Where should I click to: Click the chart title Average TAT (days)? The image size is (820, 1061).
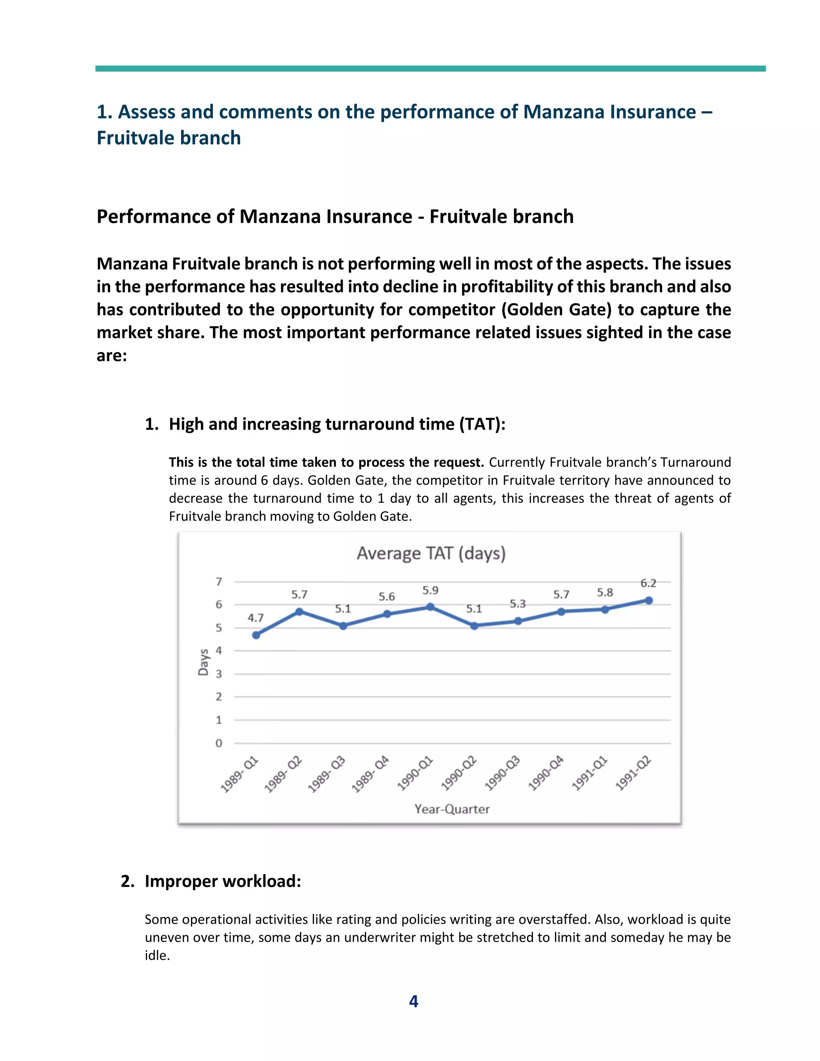(431, 553)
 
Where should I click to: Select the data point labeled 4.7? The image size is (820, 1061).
(256, 635)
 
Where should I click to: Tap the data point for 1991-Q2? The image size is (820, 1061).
(649, 601)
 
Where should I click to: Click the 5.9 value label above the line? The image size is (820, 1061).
(430, 590)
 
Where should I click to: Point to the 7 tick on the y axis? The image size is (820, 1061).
(219, 581)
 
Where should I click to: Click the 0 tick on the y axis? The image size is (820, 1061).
(219, 743)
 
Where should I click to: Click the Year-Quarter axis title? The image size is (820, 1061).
(452, 809)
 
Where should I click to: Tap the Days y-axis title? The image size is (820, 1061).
(203, 662)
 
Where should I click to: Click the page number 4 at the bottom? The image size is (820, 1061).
(413, 1001)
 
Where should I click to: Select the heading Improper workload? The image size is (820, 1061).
(223, 881)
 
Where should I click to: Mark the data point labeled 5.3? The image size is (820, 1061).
(518, 621)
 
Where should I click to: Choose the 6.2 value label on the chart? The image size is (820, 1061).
(648, 583)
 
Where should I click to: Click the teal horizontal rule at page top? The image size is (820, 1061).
(430, 68)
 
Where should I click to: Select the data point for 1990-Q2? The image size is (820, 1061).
(474, 626)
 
